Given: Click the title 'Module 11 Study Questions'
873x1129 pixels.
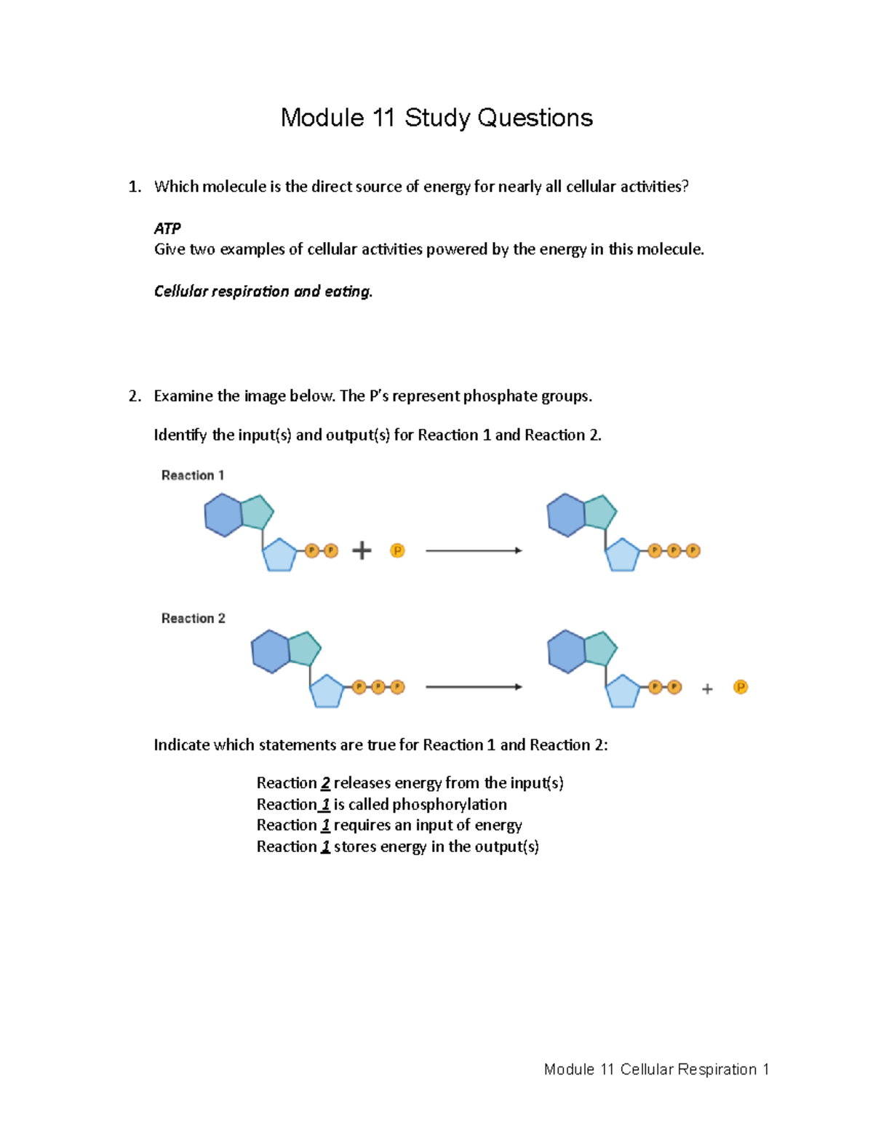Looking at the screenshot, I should pyautogui.click(x=436, y=118).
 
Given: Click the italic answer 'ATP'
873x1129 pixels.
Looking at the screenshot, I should pyautogui.click(x=167, y=228).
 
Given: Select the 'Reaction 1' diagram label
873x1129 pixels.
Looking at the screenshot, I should pyautogui.click(x=193, y=475).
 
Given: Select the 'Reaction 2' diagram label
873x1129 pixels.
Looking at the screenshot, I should pyautogui.click(x=194, y=619).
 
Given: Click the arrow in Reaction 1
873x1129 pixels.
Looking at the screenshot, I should pyautogui.click(x=474, y=551).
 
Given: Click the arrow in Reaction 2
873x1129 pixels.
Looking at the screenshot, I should pyautogui.click(x=474, y=687).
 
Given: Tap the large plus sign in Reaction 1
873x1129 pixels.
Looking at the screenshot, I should pyautogui.click(x=362, y=551).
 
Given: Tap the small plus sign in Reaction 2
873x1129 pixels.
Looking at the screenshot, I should pyautogui.click(x=707, y=688).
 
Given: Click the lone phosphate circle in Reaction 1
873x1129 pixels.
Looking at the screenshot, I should pyautogui.click(x=397, y=551).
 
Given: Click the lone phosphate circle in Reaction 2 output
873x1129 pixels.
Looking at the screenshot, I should pyautogui.click(x=741, y=687).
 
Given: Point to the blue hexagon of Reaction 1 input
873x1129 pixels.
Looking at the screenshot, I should pyautogui.click(x=223, y=515).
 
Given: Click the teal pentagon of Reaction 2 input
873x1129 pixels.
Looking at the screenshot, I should pyautogui.click(x=304, y=648).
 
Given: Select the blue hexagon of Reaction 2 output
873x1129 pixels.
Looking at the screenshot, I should pyautogui.click(x=566, y=651).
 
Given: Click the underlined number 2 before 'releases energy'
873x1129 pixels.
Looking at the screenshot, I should pyautogui.click(x=325, y=784).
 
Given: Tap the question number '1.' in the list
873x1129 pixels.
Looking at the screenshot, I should pyautogui.click(x=135, y=187).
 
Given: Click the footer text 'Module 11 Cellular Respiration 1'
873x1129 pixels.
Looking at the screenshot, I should pyautogui.click(x=656, y=1069).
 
